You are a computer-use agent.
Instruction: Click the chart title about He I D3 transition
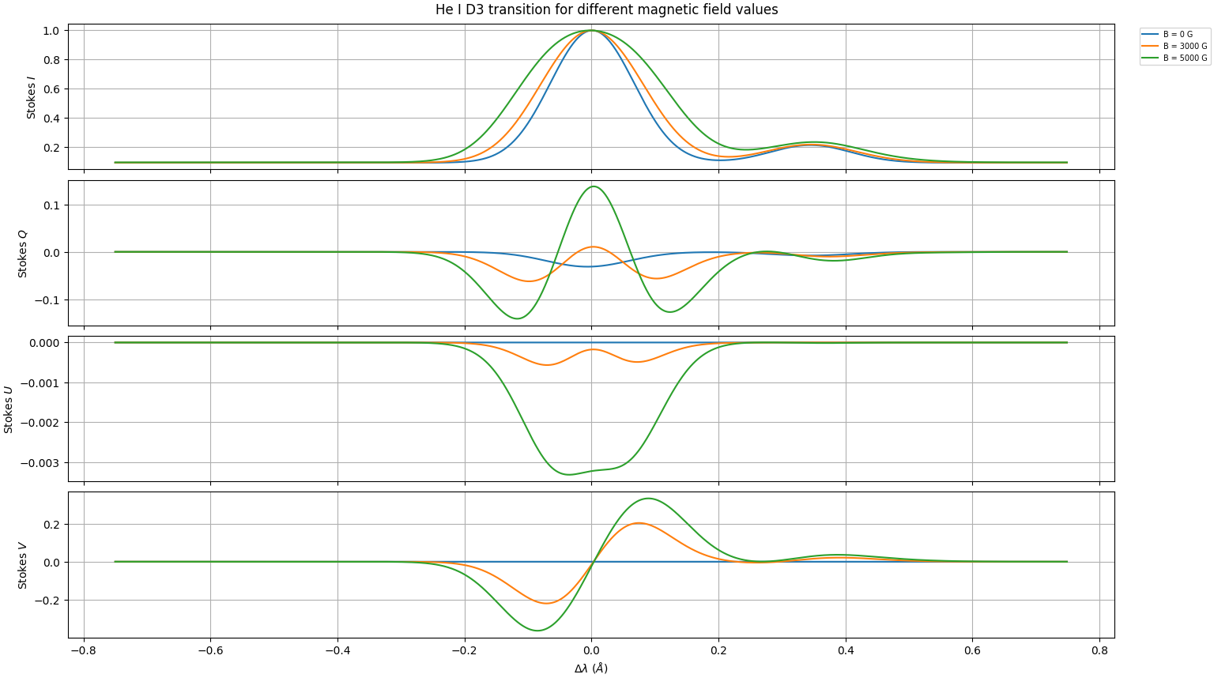606,9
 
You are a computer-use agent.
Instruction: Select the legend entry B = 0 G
1178,35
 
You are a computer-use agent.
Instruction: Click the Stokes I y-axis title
32,98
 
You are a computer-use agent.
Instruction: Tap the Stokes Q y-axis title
23,254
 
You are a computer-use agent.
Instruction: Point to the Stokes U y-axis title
9,409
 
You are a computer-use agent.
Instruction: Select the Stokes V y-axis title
23,565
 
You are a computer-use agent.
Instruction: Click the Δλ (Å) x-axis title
591,669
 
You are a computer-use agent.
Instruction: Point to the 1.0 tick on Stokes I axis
51,31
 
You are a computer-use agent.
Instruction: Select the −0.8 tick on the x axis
83,651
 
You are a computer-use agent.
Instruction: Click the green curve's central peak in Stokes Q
593,186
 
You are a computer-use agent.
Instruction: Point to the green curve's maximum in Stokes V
648,498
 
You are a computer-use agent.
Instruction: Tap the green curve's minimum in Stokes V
537,631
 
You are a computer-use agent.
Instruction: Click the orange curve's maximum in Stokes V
637,523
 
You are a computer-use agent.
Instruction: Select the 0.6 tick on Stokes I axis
51,89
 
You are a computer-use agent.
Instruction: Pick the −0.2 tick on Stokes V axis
48,601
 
